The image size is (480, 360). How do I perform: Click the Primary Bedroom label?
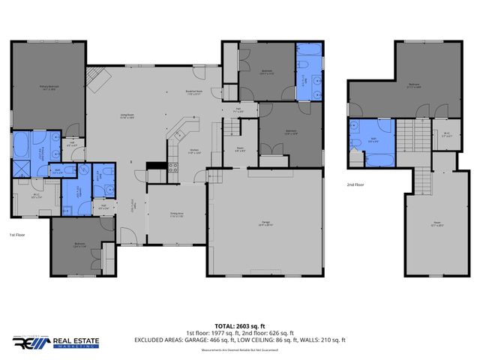tap(49, 88)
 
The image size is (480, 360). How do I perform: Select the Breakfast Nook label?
tap(196, 93)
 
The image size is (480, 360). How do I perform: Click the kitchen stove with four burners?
tap(172, 168)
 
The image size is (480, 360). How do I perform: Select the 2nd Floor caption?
tap(355, 184)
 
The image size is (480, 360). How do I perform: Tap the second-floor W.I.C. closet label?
tap(445, 136)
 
